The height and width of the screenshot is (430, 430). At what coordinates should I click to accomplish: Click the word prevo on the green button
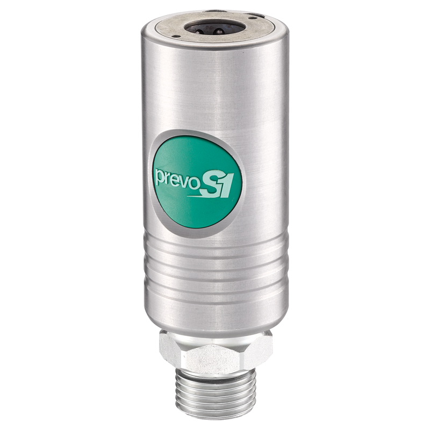click(172, 176)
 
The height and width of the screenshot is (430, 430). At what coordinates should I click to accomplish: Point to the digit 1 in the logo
click(226, 185)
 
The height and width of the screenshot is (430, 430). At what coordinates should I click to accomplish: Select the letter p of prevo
click(160, 177)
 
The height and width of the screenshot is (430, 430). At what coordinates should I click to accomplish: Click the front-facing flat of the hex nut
click(213, 357)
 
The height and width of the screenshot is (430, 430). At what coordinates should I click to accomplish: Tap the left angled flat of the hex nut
click(170, 352)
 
